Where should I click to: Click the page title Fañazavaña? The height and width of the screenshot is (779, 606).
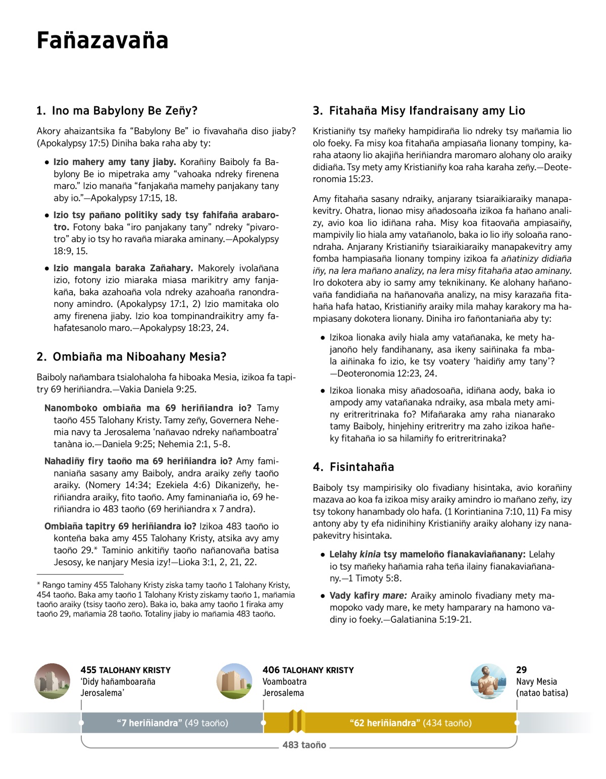tap(103, 40)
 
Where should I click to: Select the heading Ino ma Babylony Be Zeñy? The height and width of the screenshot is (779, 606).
tap(117, 111)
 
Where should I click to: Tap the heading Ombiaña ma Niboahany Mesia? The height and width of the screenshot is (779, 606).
tap(131, 356)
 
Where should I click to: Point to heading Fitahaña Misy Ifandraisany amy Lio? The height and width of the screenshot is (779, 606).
tap(419, 111)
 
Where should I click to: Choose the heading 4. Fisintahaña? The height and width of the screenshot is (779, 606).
tap(353, 466)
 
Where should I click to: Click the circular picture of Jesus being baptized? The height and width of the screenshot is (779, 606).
tap(488, 681)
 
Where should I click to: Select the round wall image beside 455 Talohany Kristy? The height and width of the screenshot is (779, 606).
tap(53, 681)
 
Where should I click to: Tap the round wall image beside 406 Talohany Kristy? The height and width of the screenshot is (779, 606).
tap(234, 681)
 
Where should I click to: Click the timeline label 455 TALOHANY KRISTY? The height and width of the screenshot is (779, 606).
tap(125, 670)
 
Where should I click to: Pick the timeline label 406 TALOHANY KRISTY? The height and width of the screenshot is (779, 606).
tap(308, 670)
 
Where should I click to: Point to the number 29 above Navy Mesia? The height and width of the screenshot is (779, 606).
tap(521, 670)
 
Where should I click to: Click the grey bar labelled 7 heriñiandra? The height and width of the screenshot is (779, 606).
tap(172, 723)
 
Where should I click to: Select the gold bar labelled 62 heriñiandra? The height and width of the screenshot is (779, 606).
tap(410, 723)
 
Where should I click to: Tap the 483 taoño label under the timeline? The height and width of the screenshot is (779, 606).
tap(304, 745)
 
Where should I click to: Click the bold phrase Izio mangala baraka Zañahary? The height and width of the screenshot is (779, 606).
tap(123, 268)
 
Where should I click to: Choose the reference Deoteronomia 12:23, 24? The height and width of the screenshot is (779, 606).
tap(384, 374)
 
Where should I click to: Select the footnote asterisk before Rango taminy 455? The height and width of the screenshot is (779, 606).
tap(38, 585)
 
